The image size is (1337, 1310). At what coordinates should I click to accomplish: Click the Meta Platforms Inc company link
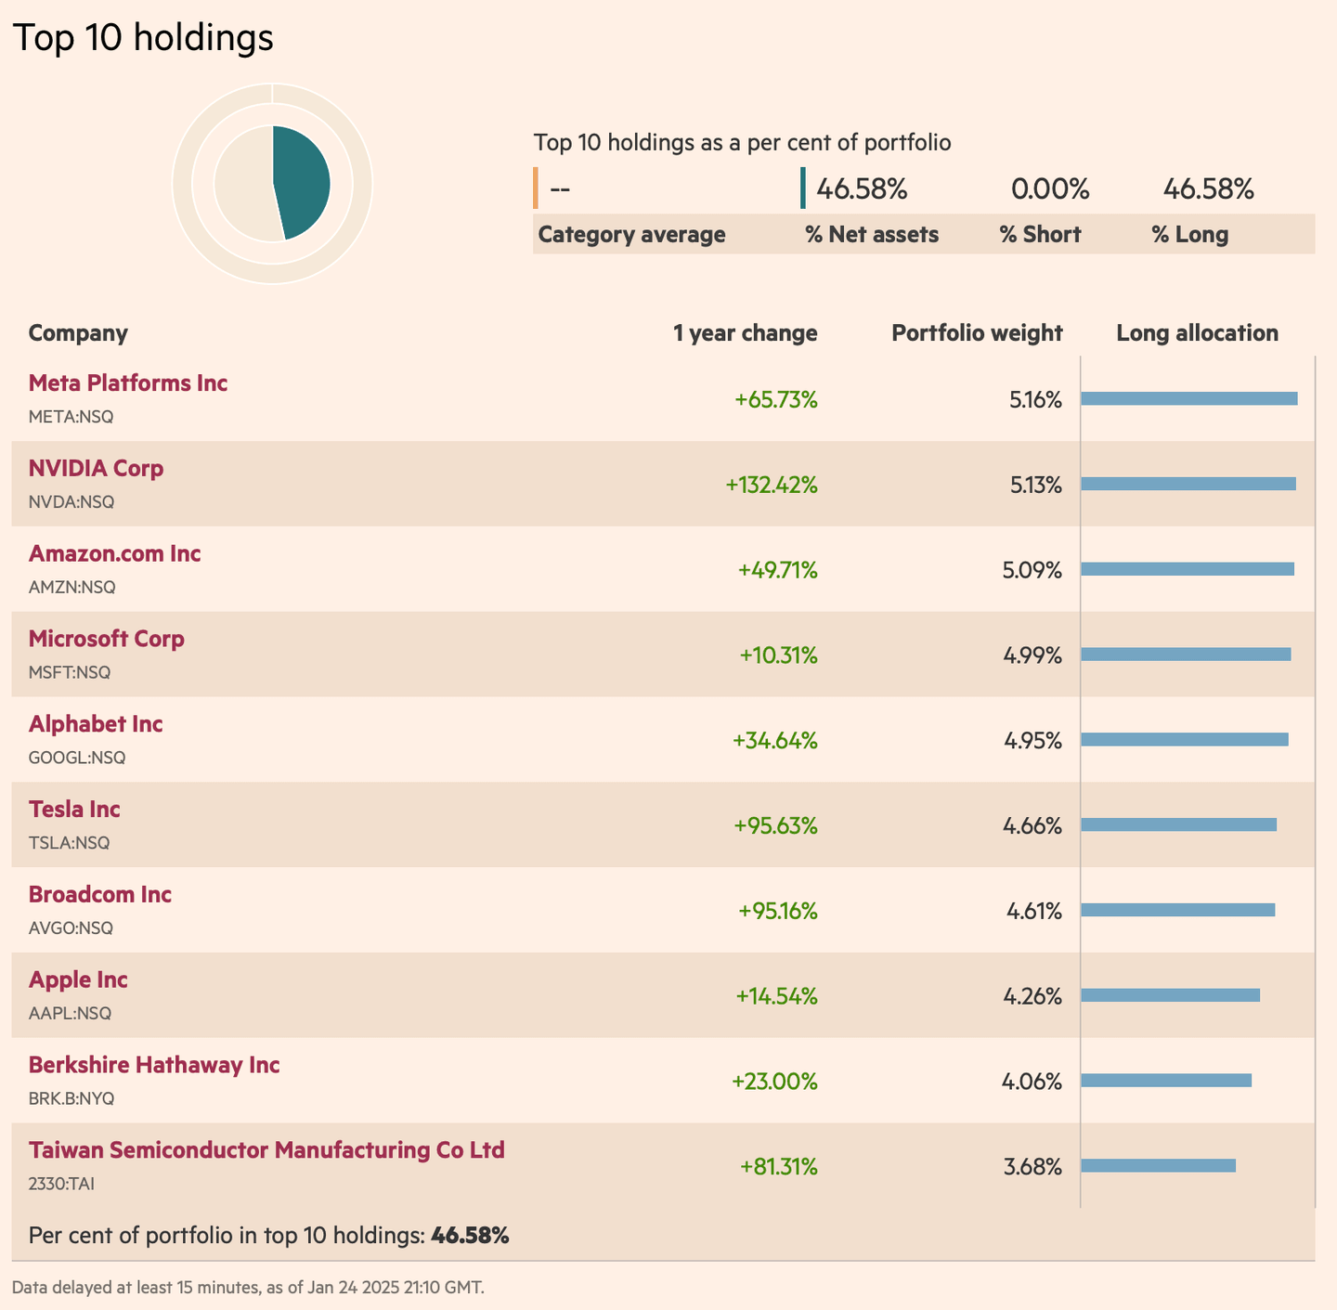pos(128,383)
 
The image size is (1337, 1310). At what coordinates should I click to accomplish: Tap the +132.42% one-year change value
pos(772,485)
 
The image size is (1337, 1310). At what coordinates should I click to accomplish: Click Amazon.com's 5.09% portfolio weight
pos(1032,570)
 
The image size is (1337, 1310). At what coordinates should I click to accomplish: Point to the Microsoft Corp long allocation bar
pos(1186,655)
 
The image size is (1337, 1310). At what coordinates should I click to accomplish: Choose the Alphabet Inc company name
pos(96,724)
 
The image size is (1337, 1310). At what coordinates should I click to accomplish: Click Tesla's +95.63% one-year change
pos(775,825)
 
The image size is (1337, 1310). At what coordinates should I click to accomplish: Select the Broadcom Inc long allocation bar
pos(1177,910)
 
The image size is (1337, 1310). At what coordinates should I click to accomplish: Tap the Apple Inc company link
pos(78,980)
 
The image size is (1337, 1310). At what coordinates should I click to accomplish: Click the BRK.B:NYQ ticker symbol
pos(71,1099)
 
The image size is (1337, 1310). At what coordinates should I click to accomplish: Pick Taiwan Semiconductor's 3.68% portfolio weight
pos(1032,1167)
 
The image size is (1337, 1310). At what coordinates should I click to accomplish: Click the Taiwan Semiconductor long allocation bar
pos(1158,1165)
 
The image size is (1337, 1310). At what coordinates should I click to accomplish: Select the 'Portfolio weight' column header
pos(977,333)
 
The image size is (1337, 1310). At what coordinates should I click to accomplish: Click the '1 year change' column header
pos(745,333)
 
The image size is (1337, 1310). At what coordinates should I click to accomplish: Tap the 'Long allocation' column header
pos(1197,333)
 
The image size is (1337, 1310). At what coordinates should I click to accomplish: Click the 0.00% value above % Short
pos(1049,189)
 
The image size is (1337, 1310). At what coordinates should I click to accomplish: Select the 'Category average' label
pos(631,235)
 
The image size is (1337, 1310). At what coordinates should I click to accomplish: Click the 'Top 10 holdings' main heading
pos(143,38)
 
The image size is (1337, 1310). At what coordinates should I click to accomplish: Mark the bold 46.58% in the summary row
pos(470,1236)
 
